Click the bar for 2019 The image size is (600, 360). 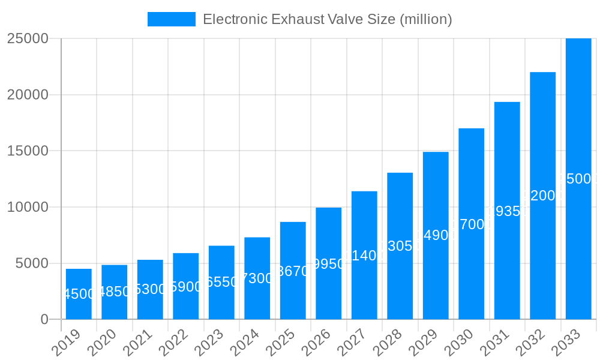[x=79, y=294]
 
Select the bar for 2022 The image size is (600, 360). [x=185, y=286]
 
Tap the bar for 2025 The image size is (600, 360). [x=293, y=271]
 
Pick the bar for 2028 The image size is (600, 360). [x=400, y=246]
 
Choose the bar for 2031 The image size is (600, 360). [x=507, y=211]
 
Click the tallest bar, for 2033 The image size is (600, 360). [x=578, y=179]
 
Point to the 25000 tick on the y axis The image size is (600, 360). [x=28, y=38]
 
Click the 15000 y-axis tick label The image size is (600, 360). [x=28, y=151]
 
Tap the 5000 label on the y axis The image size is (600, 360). [x=31, y=263]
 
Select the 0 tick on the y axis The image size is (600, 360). [x=44, y=320]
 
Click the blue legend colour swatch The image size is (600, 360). [x=172, y=19]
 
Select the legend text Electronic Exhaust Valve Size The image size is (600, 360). [x=327, y=19]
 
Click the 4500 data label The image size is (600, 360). [x=79, y=294]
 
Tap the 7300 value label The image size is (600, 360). [x=257, y=278]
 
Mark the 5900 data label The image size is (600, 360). [x=185, y=287]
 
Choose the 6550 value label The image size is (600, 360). [x=221, y=282]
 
